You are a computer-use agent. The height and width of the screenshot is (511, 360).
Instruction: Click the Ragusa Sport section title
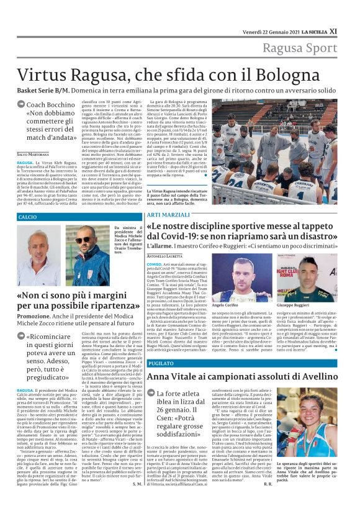[300, 48]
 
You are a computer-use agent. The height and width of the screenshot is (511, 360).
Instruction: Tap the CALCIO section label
[28, 217]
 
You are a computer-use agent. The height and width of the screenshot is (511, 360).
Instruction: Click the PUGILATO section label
[161, 363]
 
